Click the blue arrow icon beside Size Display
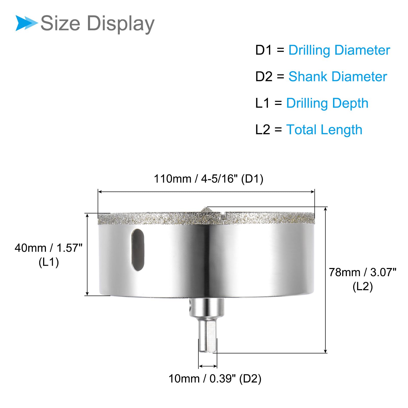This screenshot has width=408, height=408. [x=27, y=23]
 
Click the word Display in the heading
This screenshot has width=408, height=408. [x=121, y=24]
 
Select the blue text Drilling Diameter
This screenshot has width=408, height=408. [x=339, y=50]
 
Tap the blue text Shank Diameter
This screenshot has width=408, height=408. [x=338, y=76]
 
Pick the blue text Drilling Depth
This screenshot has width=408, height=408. [x=327, y=103]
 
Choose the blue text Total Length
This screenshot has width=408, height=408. [x=324, y=130]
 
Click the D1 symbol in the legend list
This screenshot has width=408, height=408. [x=264, y=50]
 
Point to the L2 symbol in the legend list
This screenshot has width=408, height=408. [x=263, y=130]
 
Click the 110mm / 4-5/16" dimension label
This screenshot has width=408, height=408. [x=196, y=179]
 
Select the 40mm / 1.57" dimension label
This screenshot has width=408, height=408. [x=48, y=248]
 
